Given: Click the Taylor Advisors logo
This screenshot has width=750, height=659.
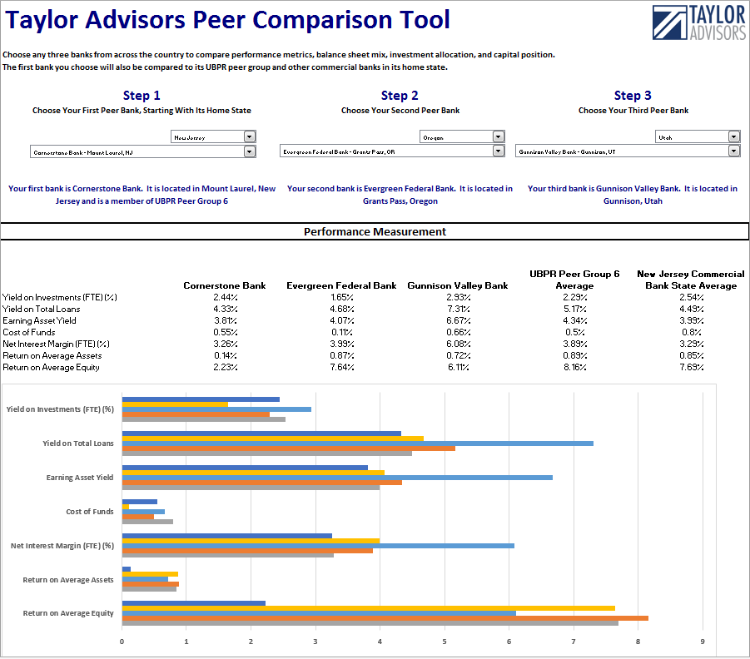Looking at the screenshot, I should point(698,23).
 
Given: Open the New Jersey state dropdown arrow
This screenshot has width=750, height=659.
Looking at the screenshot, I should point(250,136).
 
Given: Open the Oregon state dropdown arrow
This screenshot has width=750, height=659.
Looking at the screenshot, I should point(498,136).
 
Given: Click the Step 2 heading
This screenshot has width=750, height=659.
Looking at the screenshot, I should point(400,96).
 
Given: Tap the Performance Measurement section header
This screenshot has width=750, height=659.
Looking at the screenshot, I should point(375,231).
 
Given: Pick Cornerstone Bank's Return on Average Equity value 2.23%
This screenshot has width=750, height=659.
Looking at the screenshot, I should point(225,367).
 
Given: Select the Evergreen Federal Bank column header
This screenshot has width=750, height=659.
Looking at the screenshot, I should point(340,285).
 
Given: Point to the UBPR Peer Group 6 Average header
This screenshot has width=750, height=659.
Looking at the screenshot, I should point(574,280).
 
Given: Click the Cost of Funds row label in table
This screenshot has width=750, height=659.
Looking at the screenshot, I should point(28,332).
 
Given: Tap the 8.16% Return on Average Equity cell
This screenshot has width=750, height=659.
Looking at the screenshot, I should point(574,367).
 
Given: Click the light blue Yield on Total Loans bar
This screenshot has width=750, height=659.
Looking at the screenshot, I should point(358,443).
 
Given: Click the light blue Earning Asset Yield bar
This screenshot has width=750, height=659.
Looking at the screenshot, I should point(337,478).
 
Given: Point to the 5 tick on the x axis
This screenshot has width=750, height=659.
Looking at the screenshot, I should point(445,642).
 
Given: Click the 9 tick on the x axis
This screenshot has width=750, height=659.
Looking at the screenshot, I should point(703,642).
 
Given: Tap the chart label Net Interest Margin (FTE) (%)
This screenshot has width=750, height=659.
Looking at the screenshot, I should point(62,546).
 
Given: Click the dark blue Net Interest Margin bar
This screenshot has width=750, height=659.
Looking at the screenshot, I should point(226,536).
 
